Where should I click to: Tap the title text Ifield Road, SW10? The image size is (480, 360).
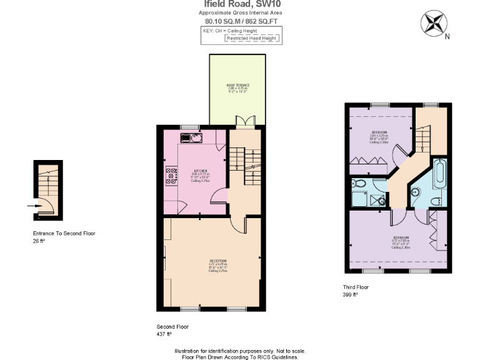pos(240,4)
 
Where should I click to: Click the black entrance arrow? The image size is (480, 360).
pos(32,204)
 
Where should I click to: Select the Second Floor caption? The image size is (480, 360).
pos(172,326)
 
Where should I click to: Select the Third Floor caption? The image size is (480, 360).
pos(356,287)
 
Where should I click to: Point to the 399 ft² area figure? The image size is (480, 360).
pos(350,294)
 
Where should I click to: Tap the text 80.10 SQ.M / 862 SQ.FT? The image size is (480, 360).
pos(240,21)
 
